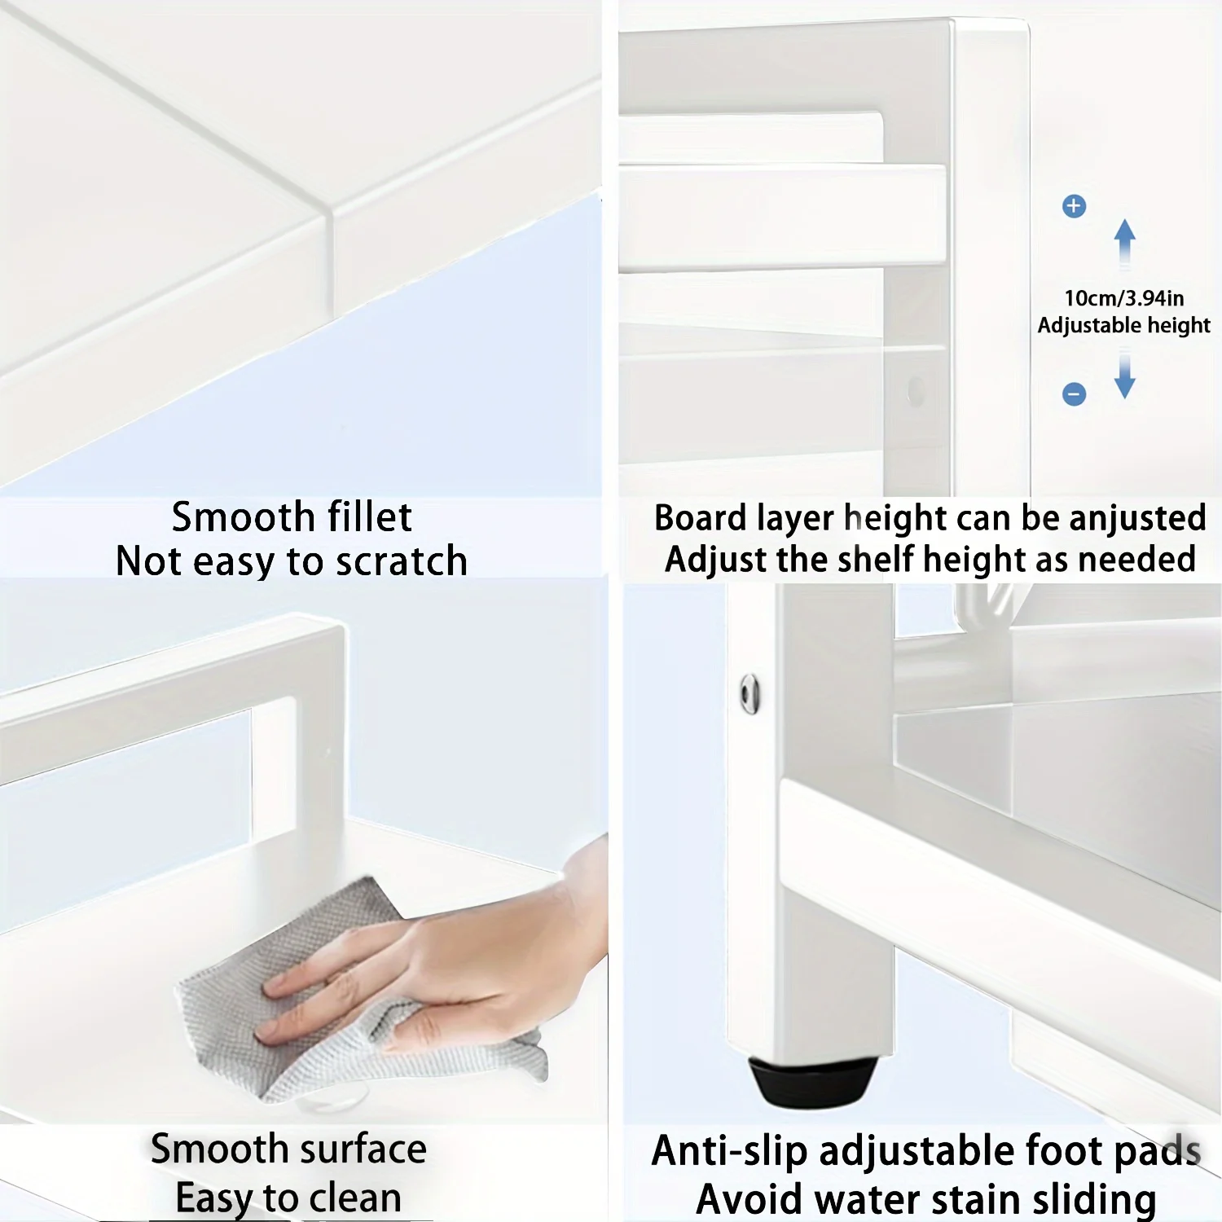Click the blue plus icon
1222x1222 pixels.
(1074, 206)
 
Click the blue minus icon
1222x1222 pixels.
(1074, 394)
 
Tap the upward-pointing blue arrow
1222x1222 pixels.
(1125, 241)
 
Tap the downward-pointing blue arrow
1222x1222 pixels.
(1125, 376)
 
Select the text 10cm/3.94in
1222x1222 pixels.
(1123, 298)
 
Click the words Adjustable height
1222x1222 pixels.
(1123, 325)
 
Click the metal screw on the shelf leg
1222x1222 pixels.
(749, 694)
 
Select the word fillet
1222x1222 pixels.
(369, 517)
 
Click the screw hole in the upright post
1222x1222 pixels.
(916, 391)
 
